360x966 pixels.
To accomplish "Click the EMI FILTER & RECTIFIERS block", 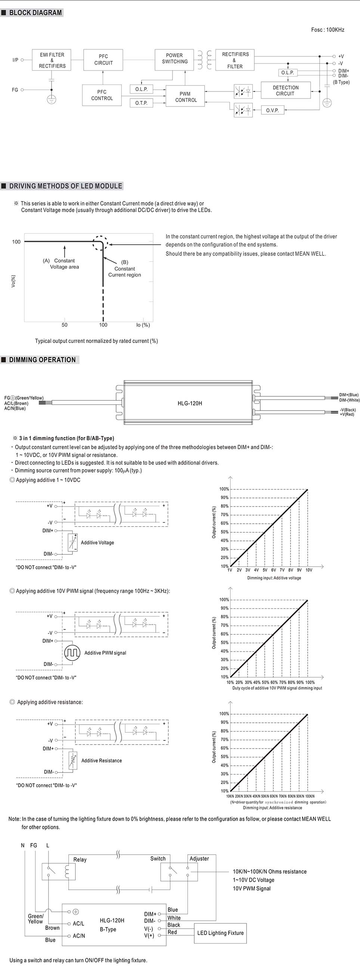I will (52, 60).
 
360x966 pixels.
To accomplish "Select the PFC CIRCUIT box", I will (103, 60).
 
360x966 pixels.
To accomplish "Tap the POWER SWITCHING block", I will (174, 59).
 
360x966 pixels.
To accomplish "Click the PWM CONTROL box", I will (186, 97).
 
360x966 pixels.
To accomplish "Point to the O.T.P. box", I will (142, 103).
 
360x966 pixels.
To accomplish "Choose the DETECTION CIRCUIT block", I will (285, 90).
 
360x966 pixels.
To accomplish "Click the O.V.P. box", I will (272, 110).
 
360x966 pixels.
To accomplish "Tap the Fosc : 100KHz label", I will (328, 30).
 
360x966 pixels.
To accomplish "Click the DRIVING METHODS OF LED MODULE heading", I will (66, 186).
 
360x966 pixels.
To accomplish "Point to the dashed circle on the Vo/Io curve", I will (100, 243).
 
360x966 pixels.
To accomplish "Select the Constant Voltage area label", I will (64, 264).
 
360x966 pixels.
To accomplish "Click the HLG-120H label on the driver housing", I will (190, 403).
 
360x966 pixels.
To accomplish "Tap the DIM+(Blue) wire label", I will (349, 395).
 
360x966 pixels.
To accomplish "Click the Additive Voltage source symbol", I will (73, 542).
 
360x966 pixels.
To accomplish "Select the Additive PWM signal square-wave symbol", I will (72, 653).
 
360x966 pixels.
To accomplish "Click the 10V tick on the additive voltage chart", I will (308, 570).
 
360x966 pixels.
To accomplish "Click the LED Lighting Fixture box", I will (220, 933).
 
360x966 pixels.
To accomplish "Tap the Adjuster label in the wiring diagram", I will (199, 858).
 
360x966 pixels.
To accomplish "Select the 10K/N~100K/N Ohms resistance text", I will (270, 871).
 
